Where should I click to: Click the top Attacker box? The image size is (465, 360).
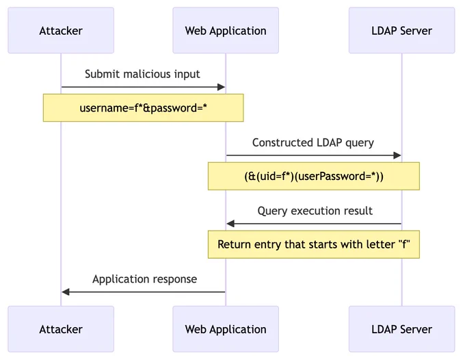click(61, 30)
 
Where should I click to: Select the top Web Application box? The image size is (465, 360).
click(226, 30)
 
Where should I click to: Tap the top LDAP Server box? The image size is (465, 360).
click(402, 30)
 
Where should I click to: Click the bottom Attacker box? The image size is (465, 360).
click(61, 329)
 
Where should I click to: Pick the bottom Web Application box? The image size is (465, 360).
click(226, 329)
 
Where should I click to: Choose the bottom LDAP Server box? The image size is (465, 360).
click(402, 329)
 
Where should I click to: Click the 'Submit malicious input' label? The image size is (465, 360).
click(142, 74)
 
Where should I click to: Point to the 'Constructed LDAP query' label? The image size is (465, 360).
click(313, 143)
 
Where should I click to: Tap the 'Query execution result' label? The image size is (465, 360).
click(315, 211)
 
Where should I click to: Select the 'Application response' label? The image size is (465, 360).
click(145, 279)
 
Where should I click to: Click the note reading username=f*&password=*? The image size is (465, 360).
click(143, 107)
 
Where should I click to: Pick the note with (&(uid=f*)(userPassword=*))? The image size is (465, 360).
click(314, 176)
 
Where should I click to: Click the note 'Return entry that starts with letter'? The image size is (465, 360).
click(314, 244)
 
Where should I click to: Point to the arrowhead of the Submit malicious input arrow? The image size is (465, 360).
click(222, 87)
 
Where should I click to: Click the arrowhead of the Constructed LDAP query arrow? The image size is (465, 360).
click(397, 155)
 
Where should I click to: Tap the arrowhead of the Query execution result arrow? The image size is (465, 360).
click(230, 224)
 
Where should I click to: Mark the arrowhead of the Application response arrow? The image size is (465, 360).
click(66, 292)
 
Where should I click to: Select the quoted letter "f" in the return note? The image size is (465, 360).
click(404, 244)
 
